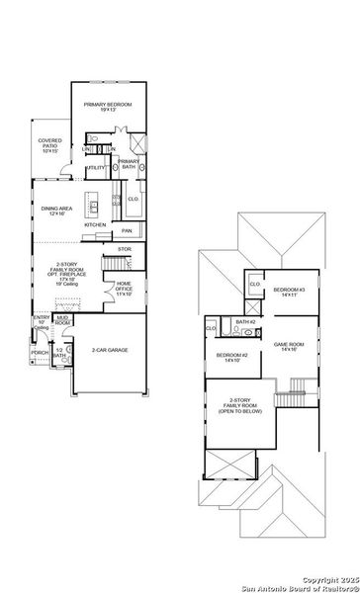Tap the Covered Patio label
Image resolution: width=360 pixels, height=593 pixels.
pos(49,146)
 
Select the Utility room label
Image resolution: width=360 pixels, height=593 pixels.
pos(96,168)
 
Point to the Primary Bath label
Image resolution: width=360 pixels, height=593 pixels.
pos(128,164)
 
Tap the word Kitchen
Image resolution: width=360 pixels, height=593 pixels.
pos(95,224)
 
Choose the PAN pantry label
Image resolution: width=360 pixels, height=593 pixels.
pos(127,231)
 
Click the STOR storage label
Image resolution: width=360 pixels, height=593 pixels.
pos(124,250)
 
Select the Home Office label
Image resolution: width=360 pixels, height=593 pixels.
pos(124,288)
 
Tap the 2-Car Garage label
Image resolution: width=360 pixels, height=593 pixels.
pos(110,350)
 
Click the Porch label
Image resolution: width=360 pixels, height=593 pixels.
pos(40,353)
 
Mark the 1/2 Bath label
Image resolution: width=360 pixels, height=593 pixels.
pos(60,354)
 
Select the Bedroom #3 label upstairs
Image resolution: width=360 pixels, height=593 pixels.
pos(290,292)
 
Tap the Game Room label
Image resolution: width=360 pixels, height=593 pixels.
pos(289,347)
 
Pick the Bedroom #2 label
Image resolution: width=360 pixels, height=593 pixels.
pos(232,357)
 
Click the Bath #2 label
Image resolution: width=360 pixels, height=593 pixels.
pos(246,322)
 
